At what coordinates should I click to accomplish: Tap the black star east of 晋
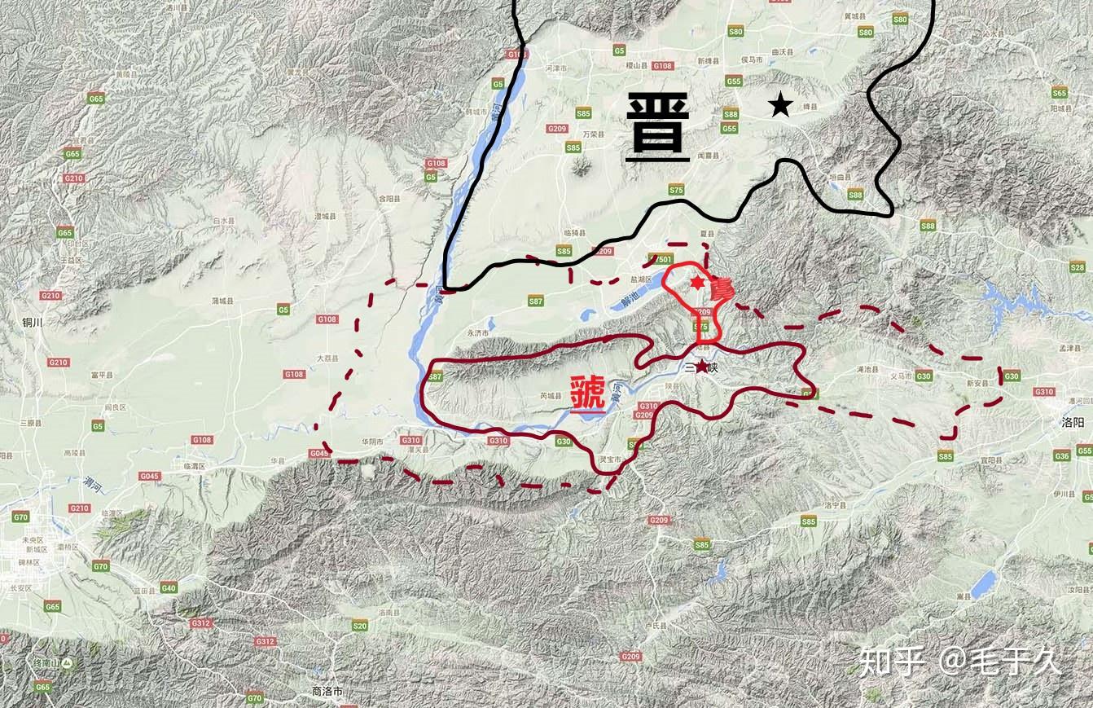(780, 103)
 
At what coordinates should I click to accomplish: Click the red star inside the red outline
(697, 282)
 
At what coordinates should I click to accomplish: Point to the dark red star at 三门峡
(702, 367)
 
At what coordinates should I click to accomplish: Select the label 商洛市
(327, 691)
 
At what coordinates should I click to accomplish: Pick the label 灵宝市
(611, 460)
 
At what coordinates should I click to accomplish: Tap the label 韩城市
(476, 112)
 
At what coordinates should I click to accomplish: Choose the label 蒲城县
(222, 301)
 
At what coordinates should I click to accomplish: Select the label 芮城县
(551, 396)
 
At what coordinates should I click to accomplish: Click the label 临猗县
(574, 233)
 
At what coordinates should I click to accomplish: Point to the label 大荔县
(325, 357)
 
